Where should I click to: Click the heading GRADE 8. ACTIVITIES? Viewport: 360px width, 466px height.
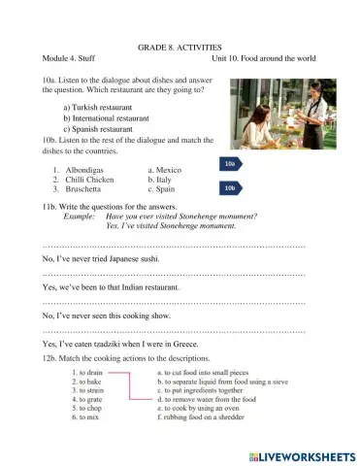[x=180, y=46]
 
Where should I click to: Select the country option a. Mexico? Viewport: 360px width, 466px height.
[x=163, y=169]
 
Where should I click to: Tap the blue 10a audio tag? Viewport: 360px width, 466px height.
[x=230, y=164]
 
